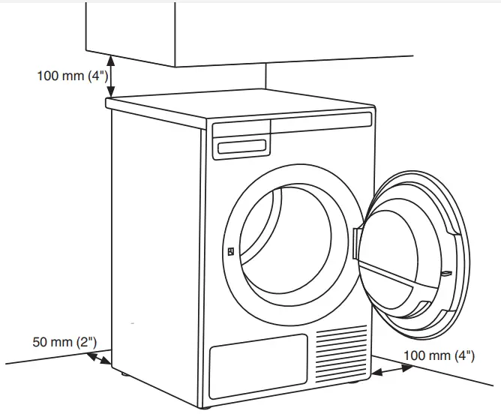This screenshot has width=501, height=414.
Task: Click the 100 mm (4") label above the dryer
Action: coord(73,76)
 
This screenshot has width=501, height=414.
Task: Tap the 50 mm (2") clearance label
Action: coord(64,342)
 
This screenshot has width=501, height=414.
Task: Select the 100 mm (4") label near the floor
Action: coord(439,355)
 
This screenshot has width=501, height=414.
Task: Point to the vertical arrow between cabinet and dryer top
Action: coord(111,76)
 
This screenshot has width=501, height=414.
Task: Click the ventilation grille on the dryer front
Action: coord(342,352)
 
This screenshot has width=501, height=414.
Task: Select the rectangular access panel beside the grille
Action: coord(259,364)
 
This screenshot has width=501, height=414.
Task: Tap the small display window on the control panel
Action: coord(241,147)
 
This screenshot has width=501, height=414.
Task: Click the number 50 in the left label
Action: coord(41,342)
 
